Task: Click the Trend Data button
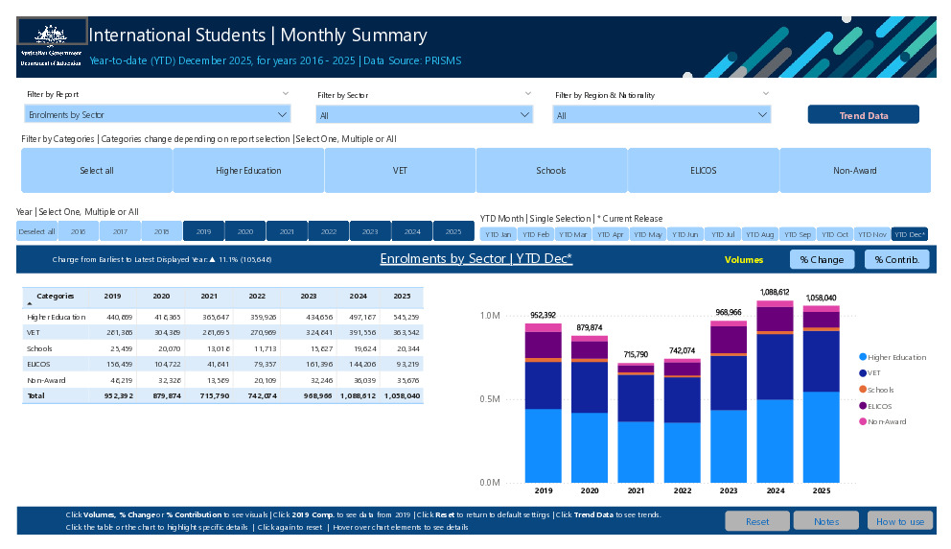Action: coord(863,115)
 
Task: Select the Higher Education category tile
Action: coord(248,171)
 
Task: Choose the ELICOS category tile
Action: coord(703,171)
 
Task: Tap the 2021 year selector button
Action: coord(287,231)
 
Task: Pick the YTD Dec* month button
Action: coord(909,234)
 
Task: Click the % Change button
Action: coord(822,259)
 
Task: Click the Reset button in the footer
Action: coord(756,521)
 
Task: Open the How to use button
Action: coord(899,521)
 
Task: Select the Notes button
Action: coord(826,521)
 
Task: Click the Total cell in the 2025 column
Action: coord(402,395)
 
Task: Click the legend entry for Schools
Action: coord(880,389)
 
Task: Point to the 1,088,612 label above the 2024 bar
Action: coord(774,292)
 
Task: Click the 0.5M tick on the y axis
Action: coord(489,398)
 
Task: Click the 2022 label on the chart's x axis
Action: coord(682,490)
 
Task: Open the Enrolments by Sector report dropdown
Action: coord(157,115)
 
